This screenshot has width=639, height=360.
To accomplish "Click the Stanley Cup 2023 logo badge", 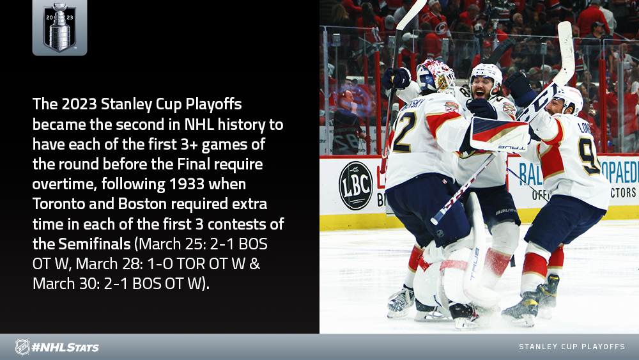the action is coord(59,27).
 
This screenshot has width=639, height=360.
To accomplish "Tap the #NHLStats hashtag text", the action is coord(65,347).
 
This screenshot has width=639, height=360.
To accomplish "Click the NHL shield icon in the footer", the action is coord(22,347).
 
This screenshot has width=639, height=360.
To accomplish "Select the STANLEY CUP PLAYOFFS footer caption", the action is coord(572,347).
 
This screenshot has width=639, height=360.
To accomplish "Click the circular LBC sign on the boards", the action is coord(355,186).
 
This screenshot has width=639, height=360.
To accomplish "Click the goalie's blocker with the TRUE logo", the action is coord(499,134).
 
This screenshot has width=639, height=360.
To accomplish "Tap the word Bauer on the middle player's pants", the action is coord(506,212).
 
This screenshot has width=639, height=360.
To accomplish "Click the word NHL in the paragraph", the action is coord(199,124).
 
